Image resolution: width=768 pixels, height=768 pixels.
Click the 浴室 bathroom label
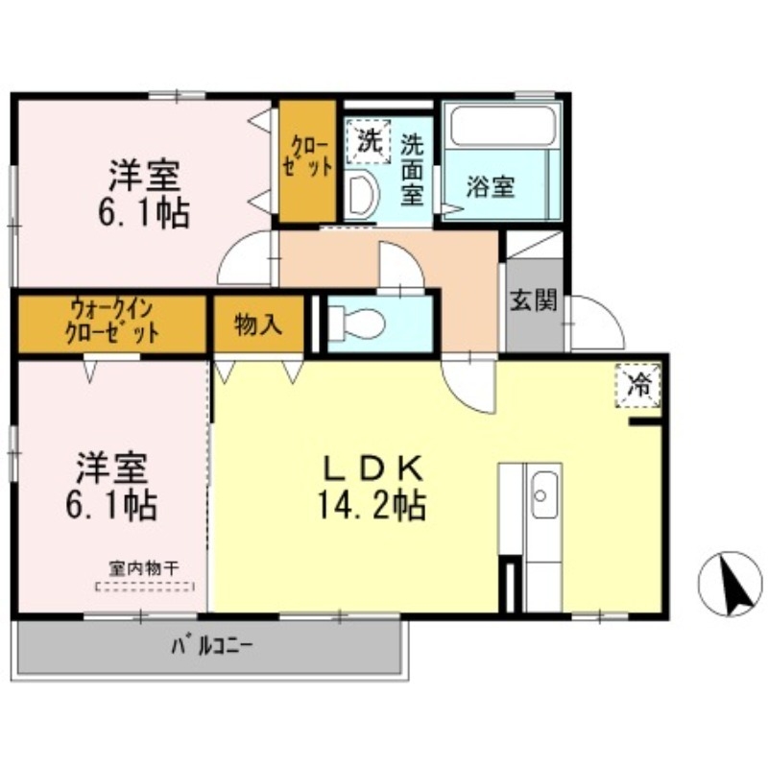(x=490, y=186)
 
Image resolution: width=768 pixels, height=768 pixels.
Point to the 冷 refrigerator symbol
(x=637, y=386)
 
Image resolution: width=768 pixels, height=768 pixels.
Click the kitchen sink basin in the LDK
(x=542, y=493)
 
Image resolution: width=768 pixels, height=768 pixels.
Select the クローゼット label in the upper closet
(x=308, y=156)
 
